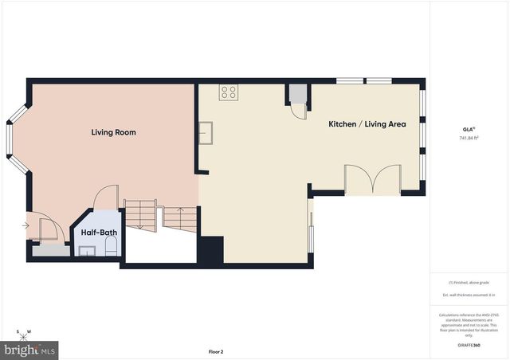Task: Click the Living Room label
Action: (113, 132)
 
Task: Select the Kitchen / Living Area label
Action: (367, 124)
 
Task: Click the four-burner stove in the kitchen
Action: (229, 92)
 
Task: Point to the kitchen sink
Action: (206, 133)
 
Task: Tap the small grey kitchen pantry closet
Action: (297, 95)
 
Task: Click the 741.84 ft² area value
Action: (469, 137)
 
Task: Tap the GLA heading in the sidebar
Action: (468, 128)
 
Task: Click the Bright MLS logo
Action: (30, 349)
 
